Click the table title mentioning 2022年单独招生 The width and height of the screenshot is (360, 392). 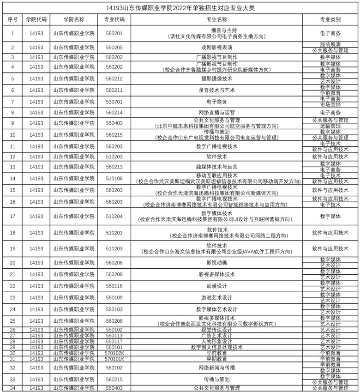(x=180, y=8)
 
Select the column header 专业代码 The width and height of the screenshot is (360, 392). (x=114, y=20)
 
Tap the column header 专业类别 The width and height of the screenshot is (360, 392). (x=330, y=20)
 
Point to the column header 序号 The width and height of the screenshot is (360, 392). (x=12, y=20)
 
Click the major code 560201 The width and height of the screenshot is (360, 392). (x=114, y=33)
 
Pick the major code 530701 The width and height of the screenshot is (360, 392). (x=114, y=102)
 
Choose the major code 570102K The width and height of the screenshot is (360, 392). (x=114, y=353)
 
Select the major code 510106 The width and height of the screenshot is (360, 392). (x=114, y=179)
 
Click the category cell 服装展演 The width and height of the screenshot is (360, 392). (x=330, y=45)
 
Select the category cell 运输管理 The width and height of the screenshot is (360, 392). (x=330, y=126)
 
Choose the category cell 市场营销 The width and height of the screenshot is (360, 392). (x=330, y=105)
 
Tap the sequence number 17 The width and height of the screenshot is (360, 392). (x=12, y=216)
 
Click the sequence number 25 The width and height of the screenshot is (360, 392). (x=12, y=321)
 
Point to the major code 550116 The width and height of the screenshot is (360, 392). (x=114, y=286)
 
